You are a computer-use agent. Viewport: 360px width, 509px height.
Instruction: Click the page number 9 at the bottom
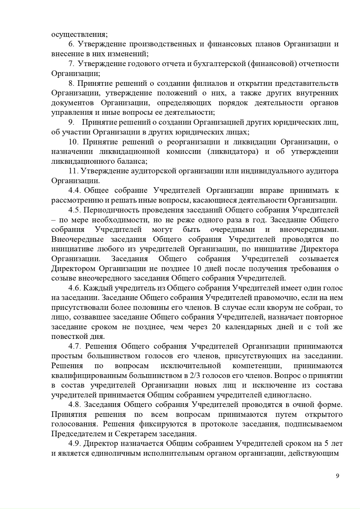[337, 476]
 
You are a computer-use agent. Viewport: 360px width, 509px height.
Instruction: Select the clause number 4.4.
[75, 190]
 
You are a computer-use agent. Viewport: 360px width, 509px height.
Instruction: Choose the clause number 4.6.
[75, 288]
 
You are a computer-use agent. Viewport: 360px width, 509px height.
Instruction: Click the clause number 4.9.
[75, 444]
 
